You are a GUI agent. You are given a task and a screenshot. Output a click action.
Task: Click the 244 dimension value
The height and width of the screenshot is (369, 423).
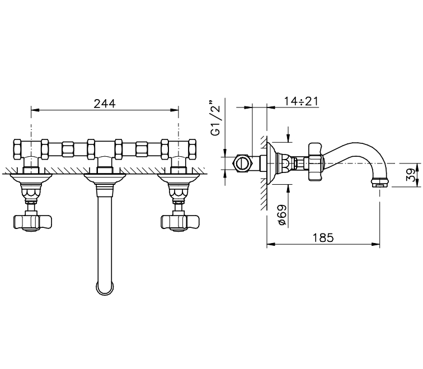pyautogui.click(x=105, y=104)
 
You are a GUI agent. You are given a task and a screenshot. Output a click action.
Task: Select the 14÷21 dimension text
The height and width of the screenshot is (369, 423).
pyautogui.click(x=301, y=101)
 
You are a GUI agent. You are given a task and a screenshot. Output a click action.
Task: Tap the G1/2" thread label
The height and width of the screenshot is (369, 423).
pyautogui.click(x=216, y=118)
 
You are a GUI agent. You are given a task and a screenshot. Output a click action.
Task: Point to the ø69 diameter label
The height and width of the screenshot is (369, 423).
pyautogui.click(x=282, y=215)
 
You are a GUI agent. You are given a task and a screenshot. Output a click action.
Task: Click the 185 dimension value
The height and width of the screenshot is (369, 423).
pyautogui.click(x=323, y=238)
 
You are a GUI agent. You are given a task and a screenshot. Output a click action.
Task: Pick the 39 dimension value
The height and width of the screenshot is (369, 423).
pyautogui.click(x=411, y=175)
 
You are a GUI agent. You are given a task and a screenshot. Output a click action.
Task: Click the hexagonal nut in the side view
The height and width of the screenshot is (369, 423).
pyautogui.click(x=243, y=164)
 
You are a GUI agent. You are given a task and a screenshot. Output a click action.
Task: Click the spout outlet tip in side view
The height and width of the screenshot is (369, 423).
pyautogui.click(x=379, y=182)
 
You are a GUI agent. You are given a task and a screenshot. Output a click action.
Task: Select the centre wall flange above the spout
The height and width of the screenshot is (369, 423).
pyautogui.click(x=105, y=178)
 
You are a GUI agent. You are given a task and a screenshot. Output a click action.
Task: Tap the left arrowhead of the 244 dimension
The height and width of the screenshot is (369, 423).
pyautogui.click(x=35, y=110)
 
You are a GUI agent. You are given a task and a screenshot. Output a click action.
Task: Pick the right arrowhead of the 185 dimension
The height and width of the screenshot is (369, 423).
pyautogui.click(x=375, y=244)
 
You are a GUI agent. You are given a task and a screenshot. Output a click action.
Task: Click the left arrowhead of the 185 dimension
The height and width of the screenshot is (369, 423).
pyautogui.click(x=271, y=244)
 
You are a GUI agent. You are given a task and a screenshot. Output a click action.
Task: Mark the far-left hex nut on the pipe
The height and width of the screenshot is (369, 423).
pyautogui.click(x=17, y=150)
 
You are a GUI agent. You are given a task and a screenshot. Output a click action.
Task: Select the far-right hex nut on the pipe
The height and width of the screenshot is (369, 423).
pyautogui.click(x=192, y=150)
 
